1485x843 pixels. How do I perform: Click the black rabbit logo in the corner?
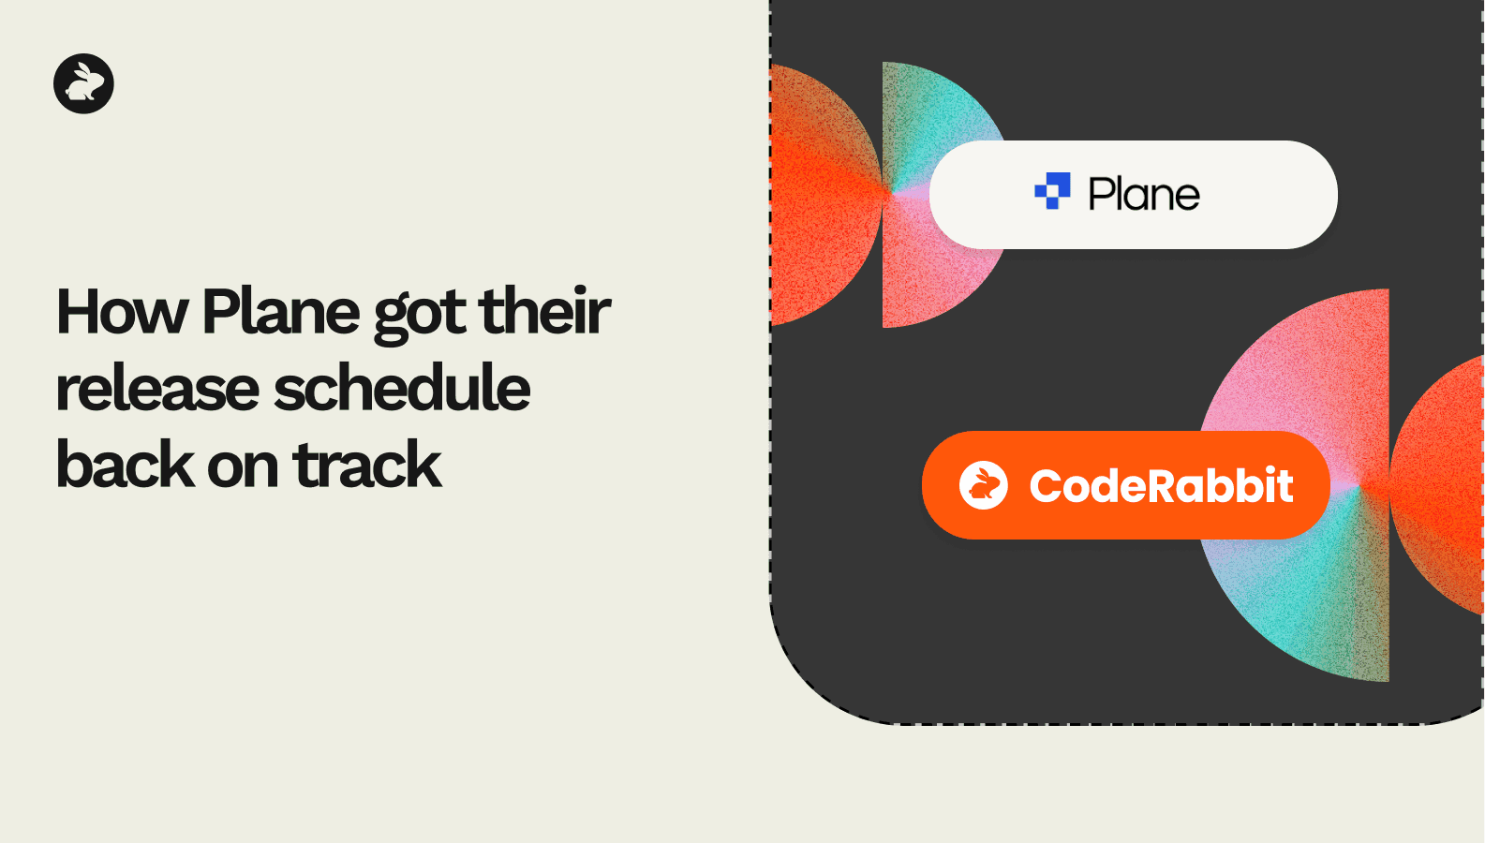pos(83,83)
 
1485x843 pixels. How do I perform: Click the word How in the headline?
pos(122,311)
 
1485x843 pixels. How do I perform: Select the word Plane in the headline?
pos(280,311)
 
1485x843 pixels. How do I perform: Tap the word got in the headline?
pos(421,316)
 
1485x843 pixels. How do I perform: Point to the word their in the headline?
pos(544,311)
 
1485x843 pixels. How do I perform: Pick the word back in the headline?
pos(126,464)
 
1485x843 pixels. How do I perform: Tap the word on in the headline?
pos(243,468)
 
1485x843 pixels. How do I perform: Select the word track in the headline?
pos(366,464)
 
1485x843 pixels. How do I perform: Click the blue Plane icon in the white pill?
pos(1053,191)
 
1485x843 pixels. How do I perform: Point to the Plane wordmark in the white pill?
pos(1144,194)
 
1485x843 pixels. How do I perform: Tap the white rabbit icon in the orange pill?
pos(983,485)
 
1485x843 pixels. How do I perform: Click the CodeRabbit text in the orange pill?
pos(1161,485)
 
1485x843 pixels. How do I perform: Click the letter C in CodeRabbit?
pos(1047,486)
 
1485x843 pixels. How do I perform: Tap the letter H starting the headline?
pos(77,312)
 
